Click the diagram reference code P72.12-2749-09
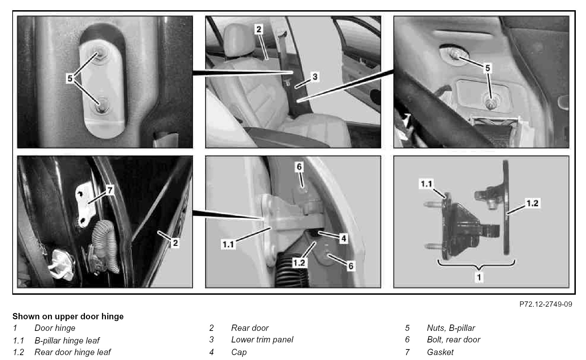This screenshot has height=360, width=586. (x=546, y=304)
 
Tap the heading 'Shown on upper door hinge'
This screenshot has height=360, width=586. (x=68, y=316)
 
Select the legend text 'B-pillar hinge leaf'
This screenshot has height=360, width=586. (x=67, y=340)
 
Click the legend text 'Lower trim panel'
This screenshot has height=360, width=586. (x=262, y=340)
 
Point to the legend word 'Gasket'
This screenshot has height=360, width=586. (x=440, y=352)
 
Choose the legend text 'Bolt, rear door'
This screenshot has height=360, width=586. (x=454, y=340)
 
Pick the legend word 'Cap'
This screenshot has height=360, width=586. (x=239, y=352)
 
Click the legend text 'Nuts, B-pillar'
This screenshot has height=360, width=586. (x=451, y=328)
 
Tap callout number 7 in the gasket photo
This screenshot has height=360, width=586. (x=110, y=190)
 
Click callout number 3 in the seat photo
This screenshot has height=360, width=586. (x=315, y=77)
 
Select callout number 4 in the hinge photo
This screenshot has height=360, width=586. (x=344, y=238)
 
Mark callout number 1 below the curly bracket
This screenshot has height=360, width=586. (x=479, y=277)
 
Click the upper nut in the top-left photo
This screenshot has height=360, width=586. (x=98, y=55)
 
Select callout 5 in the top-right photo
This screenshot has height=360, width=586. (x=487, y=68)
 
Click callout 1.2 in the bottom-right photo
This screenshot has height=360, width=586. (x=532, y=203)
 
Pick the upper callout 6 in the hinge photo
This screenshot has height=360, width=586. (x=299, y=167)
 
